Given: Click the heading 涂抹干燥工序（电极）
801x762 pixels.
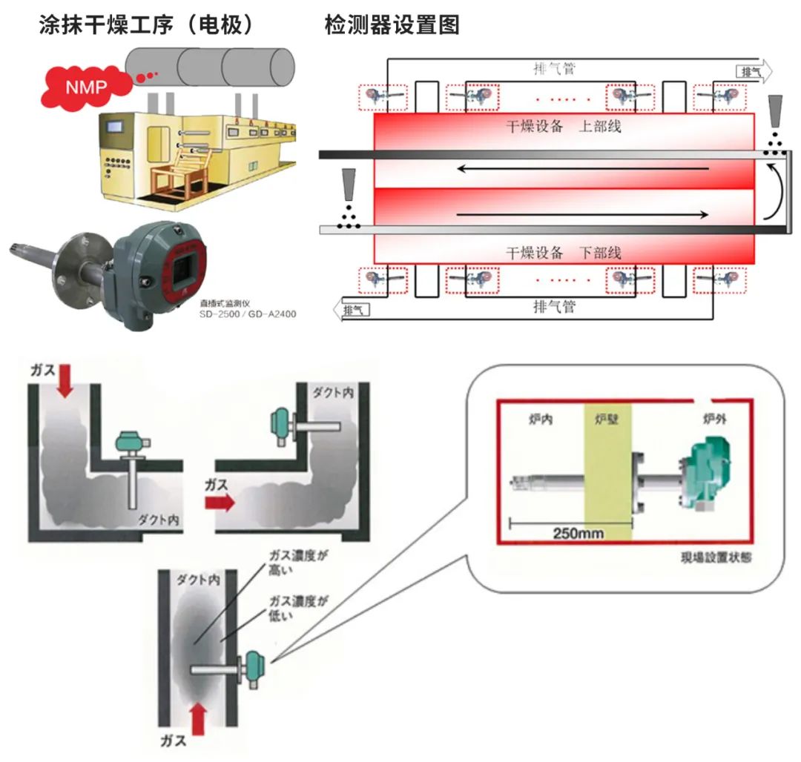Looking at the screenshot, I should [146, 26].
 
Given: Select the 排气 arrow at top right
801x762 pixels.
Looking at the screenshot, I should [754, 71].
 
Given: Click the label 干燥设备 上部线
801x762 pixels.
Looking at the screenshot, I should [564, 126].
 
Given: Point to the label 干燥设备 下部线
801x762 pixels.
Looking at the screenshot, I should [564, 253].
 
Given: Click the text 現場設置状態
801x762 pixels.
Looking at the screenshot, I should [715, 557].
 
